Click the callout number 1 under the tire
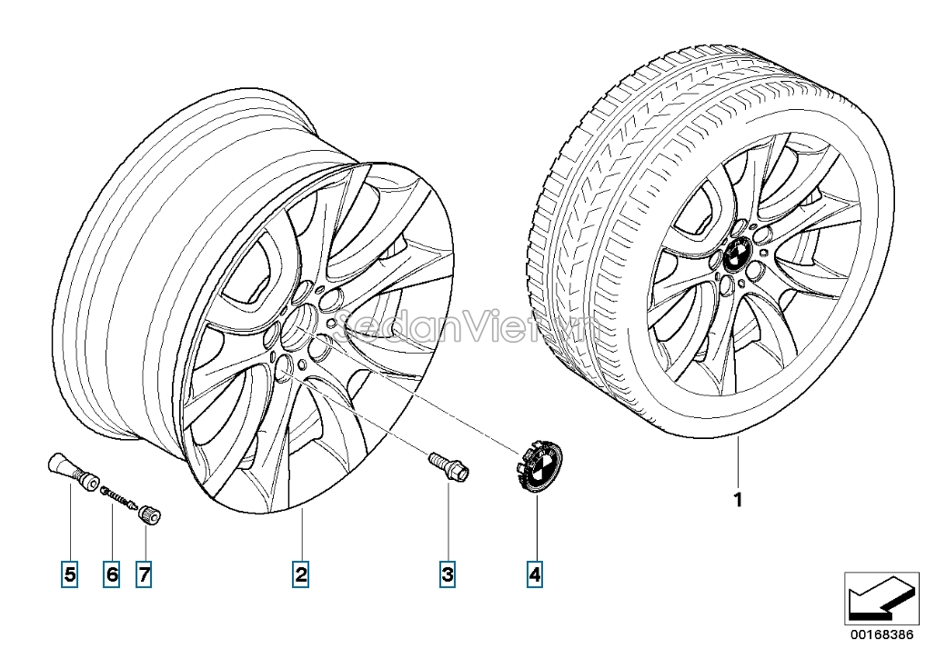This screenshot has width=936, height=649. pos(739,500)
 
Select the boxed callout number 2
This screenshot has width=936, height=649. pos(300,574)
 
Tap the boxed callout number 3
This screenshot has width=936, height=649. pos(448,574)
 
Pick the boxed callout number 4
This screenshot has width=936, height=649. pos(535,574)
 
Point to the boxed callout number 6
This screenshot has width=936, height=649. pos(112,574)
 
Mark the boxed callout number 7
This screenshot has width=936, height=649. pos(145,574)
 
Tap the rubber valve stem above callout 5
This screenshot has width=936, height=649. pos(71,469)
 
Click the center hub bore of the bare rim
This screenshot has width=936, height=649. pos(303,324)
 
